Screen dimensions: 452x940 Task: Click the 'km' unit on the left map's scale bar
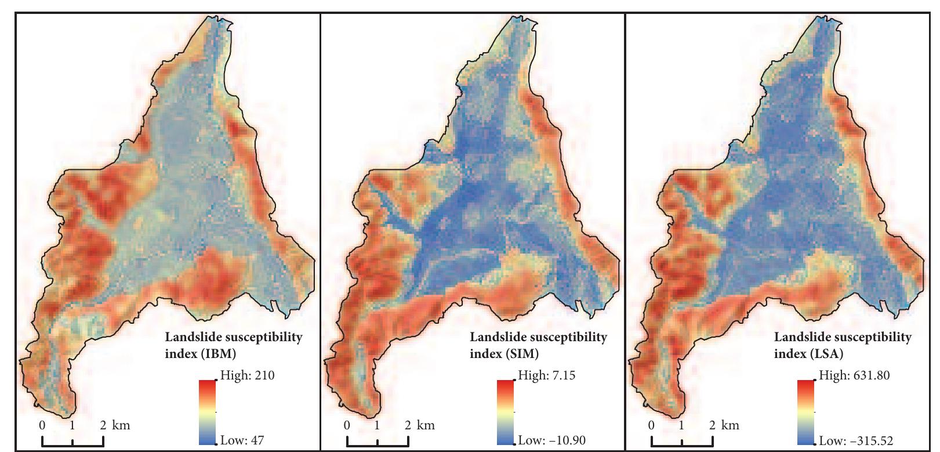122,425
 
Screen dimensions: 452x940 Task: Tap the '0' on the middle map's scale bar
347,425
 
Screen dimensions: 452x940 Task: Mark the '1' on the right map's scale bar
681,425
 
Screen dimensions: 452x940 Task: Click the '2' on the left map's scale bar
103,425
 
